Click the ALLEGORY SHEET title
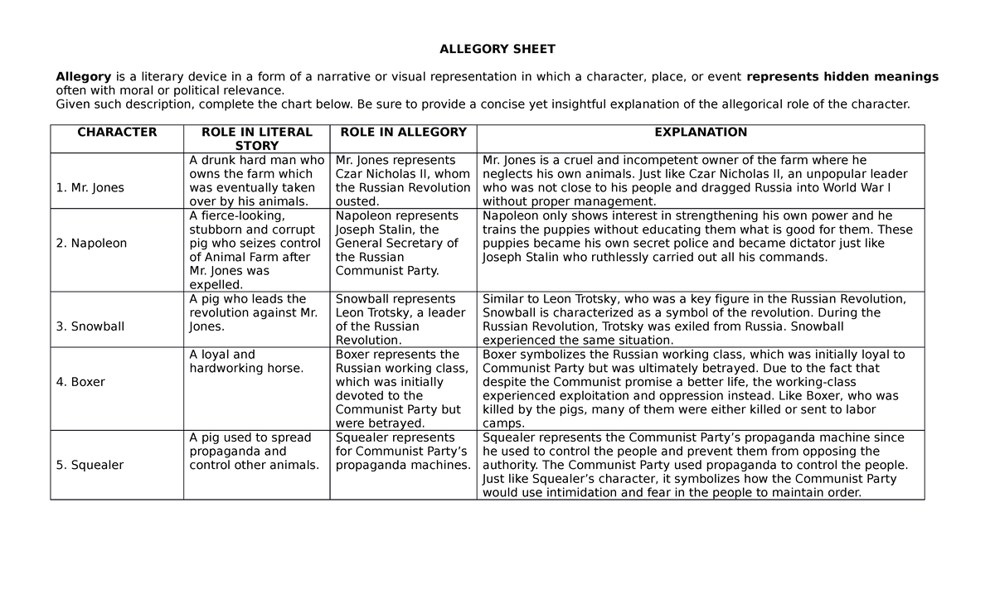tap(497, 49)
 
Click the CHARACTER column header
tap(117, 133)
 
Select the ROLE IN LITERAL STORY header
tap(256, 139)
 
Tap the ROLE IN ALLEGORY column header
tap(403, 133)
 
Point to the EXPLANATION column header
tap(701, 133)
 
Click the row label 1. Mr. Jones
tap(90, 188)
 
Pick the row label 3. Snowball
tap(90, 326)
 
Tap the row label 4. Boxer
tap(80, 382)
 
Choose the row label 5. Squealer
tap(90, 465)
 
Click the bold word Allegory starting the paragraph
tap(83, 77)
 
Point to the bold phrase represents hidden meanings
tap(842, 77)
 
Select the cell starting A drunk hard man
tap(256, 181)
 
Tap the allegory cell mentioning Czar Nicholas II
tap(402, 181)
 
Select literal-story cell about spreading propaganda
tap(254, 452)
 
